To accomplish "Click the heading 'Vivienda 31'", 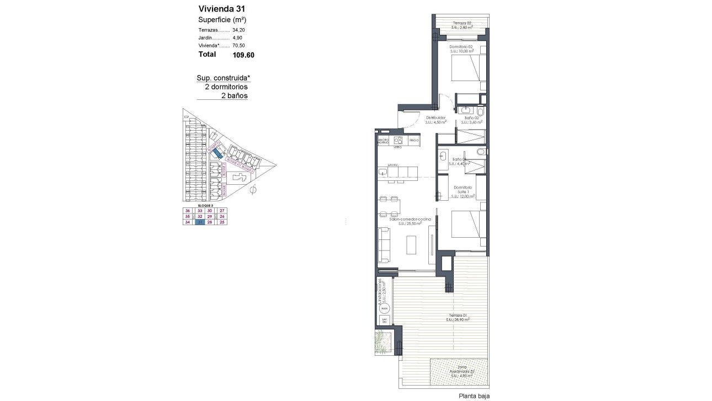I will (222, 9).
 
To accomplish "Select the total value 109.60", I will (243, 55).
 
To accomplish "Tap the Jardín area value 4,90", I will (238, 38).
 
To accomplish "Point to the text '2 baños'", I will (233, 96).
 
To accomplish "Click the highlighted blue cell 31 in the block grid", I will (200, 222).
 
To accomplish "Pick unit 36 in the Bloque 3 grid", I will (188, 211).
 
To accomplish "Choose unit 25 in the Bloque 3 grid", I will (222, 222).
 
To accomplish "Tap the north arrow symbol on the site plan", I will (253, 190).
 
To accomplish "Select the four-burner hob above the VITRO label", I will (397, 140).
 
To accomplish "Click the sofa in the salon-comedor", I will (384, 245).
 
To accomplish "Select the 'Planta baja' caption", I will (473, 395).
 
